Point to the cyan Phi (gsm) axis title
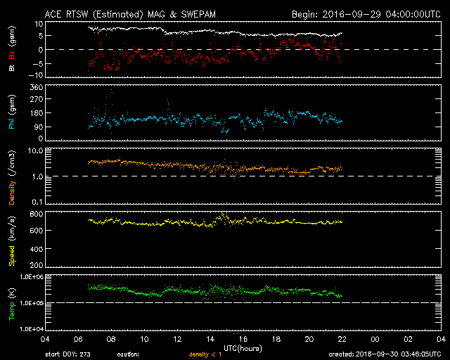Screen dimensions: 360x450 [12, 115]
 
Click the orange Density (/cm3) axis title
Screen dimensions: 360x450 [12, 176]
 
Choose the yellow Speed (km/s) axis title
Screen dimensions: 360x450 [12, 240]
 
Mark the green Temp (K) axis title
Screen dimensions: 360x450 [12, 302]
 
